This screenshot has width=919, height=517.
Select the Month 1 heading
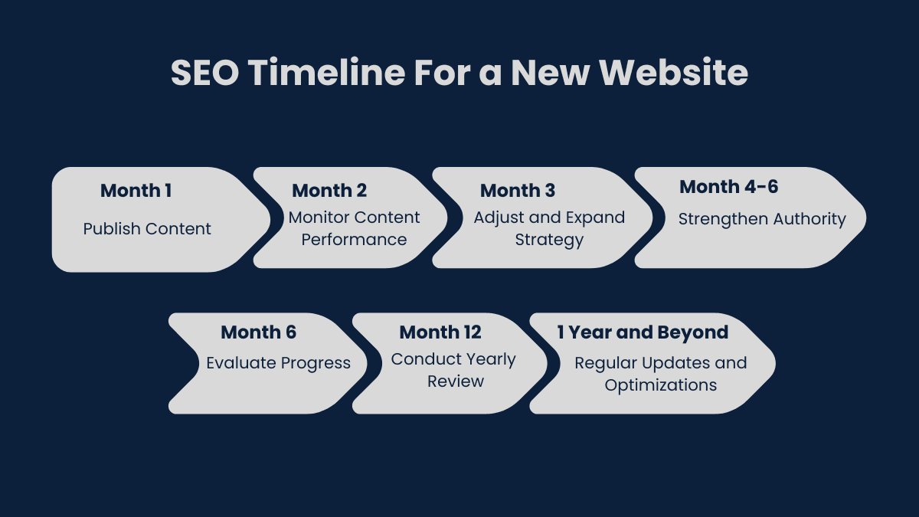click(x=136, y=191)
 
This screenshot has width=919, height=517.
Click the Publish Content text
click(x=147, y=229)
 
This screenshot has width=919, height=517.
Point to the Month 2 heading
click(x=329, y=191)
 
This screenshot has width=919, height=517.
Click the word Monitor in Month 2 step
click(x=319, y=218)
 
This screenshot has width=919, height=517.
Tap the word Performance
click(x=354, y=240)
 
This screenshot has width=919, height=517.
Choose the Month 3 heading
click(x=518, y=191)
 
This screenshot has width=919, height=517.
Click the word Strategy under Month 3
click(x=549, y=240)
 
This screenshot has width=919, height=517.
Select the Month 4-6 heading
click(x=729, y=187)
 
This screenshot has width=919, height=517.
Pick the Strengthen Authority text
click(x=762, y=220)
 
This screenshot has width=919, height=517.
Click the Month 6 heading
click(x=258, y=332)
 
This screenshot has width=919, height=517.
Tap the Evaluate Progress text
click(x=278, y=363)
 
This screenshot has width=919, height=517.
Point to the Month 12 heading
click(x=440, y=332)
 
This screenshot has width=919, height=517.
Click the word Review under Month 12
click(x=456, y=381)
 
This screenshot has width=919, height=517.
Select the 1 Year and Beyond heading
click(x=643, y=332)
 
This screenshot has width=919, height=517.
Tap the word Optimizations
click(x=661, y=385)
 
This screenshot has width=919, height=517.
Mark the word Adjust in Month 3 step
click(x=497, y=218)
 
